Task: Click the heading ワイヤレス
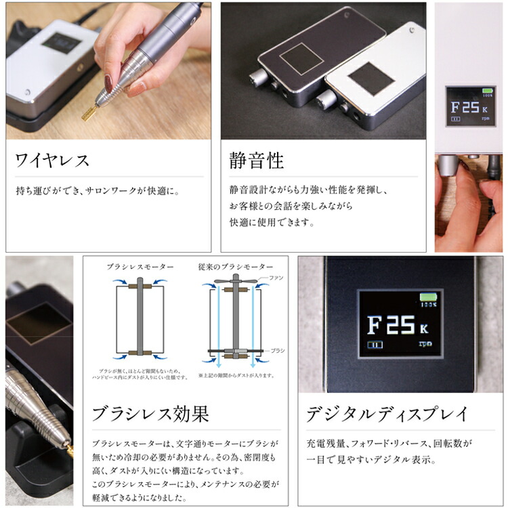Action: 52,161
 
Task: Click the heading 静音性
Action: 257,161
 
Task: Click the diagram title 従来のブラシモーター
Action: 236,267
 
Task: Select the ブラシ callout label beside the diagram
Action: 278,350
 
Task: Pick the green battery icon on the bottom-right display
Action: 429,297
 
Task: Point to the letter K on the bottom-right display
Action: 423,330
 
